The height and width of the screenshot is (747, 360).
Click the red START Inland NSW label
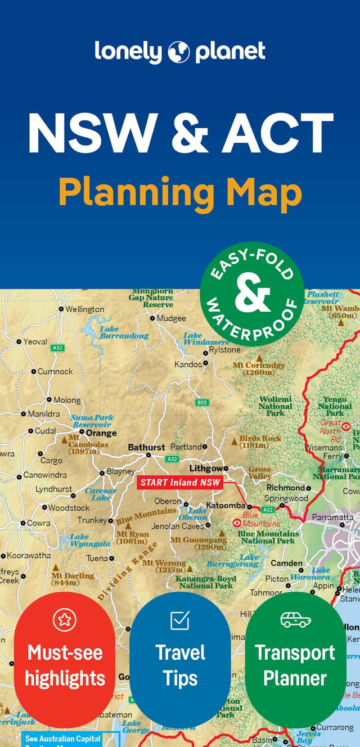coord(181,482)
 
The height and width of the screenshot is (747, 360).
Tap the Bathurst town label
coord(146,447)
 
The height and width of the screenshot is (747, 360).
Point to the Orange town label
coord(101,433)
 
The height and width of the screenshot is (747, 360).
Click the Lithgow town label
coord(205,467)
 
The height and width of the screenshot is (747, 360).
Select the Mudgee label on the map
coord(171,318)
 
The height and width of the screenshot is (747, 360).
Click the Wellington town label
coord(84,309)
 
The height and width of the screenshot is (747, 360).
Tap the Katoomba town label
coord(226,505)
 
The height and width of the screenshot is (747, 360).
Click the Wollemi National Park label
coord(275,406)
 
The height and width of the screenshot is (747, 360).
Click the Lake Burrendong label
coord(124,332)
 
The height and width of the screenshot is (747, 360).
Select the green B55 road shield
coord(202,402)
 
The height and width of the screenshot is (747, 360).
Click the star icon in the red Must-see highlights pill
coord(64,620)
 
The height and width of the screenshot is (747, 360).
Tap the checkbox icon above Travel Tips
coord(180,620)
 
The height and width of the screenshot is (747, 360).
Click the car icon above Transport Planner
coord(295,619)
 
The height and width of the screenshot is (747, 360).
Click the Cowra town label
coord(38,523)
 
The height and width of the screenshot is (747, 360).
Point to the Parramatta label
coord(332,517)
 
